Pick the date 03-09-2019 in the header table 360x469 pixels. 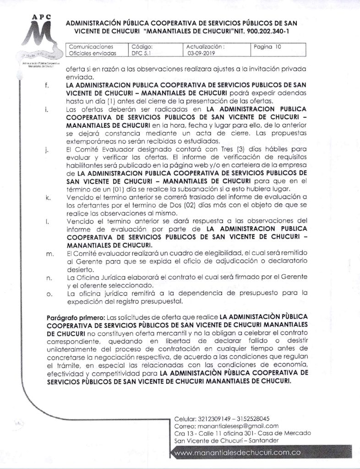point(200,53)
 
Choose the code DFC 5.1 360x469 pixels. point(140,53)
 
